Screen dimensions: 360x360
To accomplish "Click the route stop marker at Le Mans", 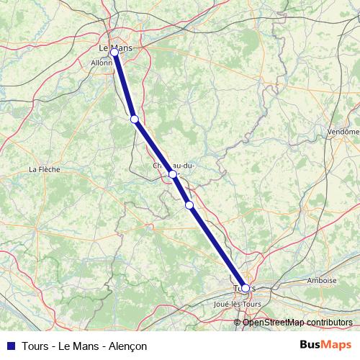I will click(114, 53).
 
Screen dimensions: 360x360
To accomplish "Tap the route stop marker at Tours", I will click(246, 288).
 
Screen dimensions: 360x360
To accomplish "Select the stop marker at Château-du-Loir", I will click(173, 174).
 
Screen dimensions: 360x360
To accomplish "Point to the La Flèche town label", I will click(44, 169).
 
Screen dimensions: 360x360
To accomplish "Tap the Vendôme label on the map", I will click(343, 132).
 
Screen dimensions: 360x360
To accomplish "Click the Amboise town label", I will click(321, 281).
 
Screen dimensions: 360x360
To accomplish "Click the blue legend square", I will click(10, 346).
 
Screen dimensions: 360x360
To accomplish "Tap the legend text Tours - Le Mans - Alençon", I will click(84, 346).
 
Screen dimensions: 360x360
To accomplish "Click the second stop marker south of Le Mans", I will click(134, 120).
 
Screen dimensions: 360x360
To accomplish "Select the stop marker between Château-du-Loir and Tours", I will click(189, 205).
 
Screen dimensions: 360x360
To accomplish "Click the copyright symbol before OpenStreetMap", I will click(238, 322).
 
